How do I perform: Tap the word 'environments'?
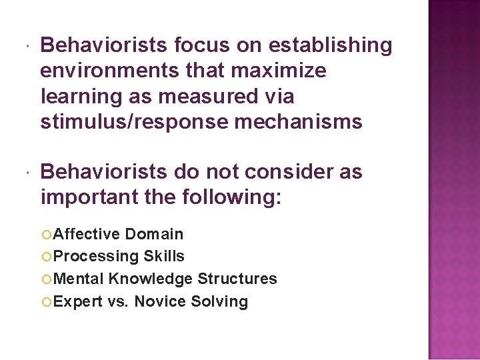109,71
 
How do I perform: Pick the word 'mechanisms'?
302,122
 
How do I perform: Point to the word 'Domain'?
154,234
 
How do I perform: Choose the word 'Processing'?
95,257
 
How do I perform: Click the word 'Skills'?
163,257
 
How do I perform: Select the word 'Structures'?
237,279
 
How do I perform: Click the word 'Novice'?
161,301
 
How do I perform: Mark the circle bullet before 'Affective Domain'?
46,234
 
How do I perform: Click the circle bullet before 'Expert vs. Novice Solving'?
46,301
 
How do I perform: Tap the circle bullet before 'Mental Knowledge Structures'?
46,279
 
